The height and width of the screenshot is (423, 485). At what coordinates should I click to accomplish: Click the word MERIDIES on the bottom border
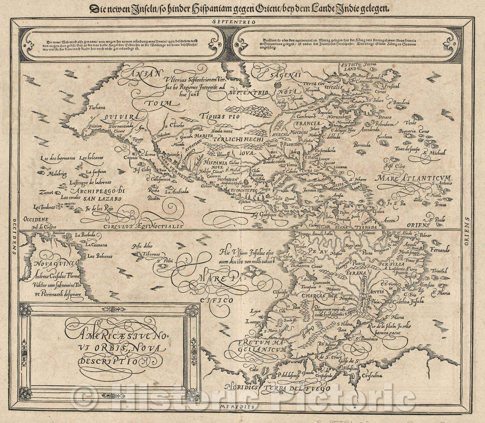click(243, 406)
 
